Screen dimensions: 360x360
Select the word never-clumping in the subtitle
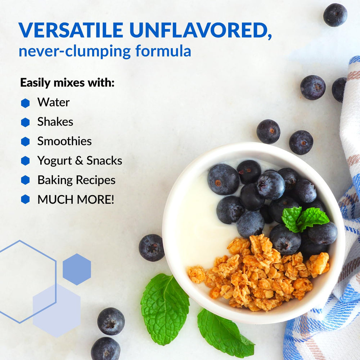[75, 51]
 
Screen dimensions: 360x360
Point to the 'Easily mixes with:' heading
[67, 82]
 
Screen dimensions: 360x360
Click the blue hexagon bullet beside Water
[25, 103]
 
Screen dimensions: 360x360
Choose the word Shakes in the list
[55, 122]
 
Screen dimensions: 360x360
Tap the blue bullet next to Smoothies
[25, 141]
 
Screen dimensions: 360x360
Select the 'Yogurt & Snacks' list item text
[80, 161]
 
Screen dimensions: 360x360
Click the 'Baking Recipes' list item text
[76, 180]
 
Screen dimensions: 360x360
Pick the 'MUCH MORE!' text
[76, 199]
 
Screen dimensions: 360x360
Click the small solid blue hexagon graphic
[77, 269]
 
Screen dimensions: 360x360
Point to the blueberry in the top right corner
[335, 15]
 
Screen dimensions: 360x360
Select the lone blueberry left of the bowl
[152, 247]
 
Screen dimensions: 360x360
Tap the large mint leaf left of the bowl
[165, 308]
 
